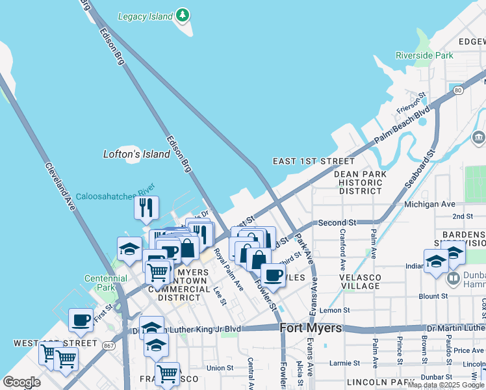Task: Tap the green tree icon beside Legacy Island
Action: (184, 14)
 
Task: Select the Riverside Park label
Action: (424, 55)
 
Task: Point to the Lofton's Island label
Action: (136, 154)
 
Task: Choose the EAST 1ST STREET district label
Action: (314, 161)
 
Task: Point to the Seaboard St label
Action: (420, 166)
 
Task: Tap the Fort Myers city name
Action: (311, 328)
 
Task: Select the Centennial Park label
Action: (101, 283)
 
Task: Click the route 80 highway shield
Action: (459, 90)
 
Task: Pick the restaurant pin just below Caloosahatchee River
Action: (146, 208)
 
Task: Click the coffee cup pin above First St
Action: (81, 320)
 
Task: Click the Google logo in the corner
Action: (21, 382)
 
